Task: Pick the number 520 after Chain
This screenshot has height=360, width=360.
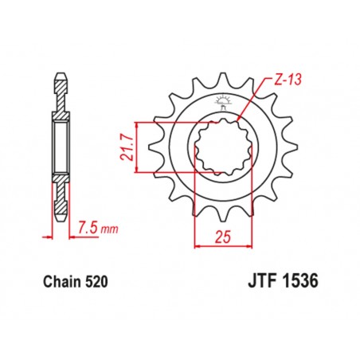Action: (95, 281)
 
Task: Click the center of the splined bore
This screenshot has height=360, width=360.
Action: (222, 147)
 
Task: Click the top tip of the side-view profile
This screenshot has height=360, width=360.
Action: (61, 77)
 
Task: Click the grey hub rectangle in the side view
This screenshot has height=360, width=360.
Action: (61, 147)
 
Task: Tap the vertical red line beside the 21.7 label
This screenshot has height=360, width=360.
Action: (139, 147)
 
